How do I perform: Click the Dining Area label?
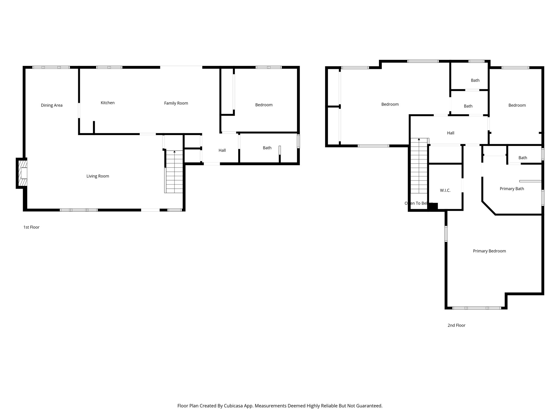pos(52,105)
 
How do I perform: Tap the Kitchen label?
pos(107,103)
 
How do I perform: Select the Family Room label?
pos(176,103)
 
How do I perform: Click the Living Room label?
pos(98,176)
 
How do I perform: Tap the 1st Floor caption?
pos(31,227)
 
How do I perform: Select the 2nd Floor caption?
pos(456,325)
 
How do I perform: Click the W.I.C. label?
pos(445,190)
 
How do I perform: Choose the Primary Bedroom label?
pos(489,251)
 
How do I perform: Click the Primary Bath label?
pos(512,189)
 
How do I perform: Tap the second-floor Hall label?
pos(451,133)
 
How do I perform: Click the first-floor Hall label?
pos(222,150)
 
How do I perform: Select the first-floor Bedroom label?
pos(264,105)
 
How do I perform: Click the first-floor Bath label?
pos(267,148)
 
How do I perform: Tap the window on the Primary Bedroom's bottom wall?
pos(477,308)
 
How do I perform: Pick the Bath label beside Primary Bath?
pos(523,158)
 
